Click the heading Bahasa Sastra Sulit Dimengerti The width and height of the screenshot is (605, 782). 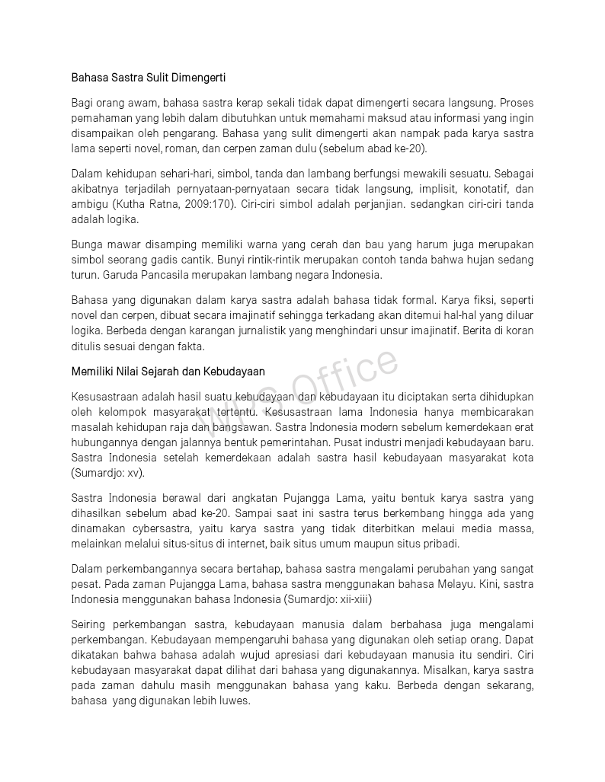(x=149, y=78)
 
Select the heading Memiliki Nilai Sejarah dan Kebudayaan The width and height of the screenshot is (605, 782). (x=168, y=372)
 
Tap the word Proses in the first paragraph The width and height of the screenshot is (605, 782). (x=517, y=102)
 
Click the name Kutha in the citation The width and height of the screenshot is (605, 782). (x=131, y=204)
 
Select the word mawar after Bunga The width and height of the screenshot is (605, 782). (x=125, y=244)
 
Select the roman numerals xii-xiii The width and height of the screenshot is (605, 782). (x=354, y=599)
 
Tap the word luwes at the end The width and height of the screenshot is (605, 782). (x=235, y=701)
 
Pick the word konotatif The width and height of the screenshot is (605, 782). (x=484, y=189)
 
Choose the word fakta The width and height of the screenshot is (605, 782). (x=189, y=346)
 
